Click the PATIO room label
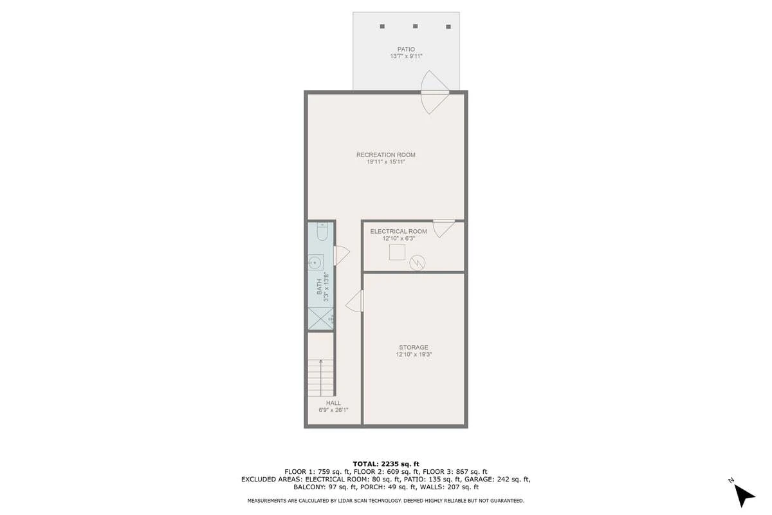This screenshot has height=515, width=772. (x=406, y=50)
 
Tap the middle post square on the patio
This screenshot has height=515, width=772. (x=416, y=26)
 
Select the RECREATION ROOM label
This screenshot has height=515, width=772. (x=385, y=155)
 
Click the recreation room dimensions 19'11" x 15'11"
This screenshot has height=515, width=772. (x=385, y=162)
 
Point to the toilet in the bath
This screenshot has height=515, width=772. (x=322, y=232)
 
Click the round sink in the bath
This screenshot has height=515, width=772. (x=315, y=263)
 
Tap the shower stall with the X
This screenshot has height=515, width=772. (x=320, y=319)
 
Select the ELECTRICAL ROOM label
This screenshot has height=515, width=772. (x=398, y=232)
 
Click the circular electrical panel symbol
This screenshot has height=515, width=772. (x=418, y=263)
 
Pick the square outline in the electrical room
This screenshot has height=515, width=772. (x=397, y=252)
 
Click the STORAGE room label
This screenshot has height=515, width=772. (x=414, y=348)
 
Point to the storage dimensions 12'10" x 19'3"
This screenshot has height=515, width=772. (x=414, y=354)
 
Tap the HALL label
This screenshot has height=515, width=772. (x=333, y=403)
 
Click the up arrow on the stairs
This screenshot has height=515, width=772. (x=321, y=377)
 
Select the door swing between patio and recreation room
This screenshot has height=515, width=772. (x=435, y=92)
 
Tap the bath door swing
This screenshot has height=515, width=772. (x=341, y=256)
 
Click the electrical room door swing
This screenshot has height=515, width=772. (x=443, y=229)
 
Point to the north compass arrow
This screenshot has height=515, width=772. (x=744, y=496)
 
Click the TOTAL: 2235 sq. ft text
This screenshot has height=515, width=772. (x=385, y=464)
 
